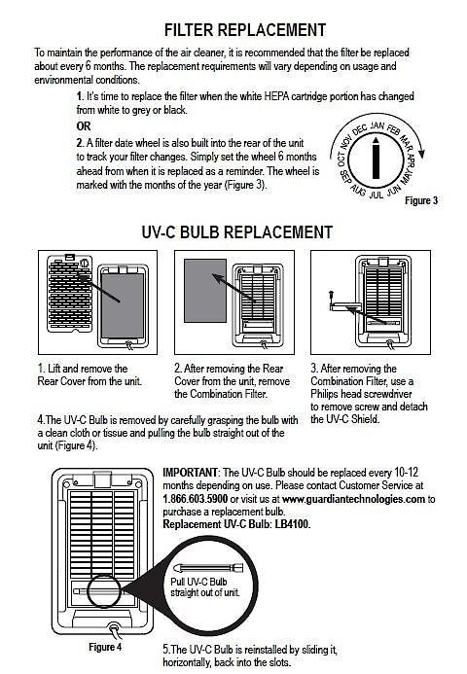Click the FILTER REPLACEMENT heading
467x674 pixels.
[245, 30]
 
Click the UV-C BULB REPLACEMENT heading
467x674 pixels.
[237, 232]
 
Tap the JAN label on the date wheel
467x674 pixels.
[377, 125]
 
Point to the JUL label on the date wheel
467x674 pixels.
[377, 195]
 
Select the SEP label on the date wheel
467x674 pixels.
[344, 176]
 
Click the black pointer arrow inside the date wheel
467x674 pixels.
[376, 158]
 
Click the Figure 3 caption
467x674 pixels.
[421, 200]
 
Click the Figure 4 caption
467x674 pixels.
[105, 647]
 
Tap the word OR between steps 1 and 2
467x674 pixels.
[84, 126]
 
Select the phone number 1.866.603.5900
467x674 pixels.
[196, 499]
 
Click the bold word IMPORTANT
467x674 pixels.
[191, 473]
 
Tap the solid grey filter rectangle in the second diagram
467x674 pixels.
[205, 291]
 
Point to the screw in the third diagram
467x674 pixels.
[332, 297]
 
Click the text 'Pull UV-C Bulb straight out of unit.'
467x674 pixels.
[204, 587]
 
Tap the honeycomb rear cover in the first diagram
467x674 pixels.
[70, 293]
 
